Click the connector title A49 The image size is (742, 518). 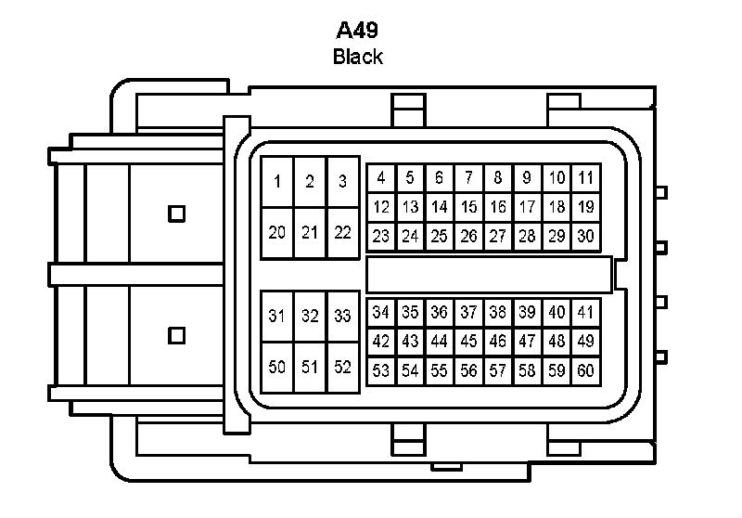click(357, 30)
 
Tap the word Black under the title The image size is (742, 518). click(357, 57)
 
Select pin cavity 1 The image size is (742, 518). click(277, 182)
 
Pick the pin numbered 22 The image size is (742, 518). click(342, 232)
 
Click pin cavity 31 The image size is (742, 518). click(277, 316)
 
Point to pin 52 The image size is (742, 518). click(342, 367)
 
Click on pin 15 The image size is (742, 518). click(469, 206)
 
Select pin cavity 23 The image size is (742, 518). click(381, 236)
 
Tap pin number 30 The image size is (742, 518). click(585, 236)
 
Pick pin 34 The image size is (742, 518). click(381, 312)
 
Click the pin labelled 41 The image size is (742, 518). click(585, 312)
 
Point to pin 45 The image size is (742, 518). click(469, 342)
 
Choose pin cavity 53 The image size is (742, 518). click(381, 371)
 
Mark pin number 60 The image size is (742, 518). click(585, 371)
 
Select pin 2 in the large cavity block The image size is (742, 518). click(310, 182)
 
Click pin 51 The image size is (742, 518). click(310, 367)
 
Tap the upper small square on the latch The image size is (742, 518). click(176, 214)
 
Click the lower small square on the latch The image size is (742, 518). click(176, 334)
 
